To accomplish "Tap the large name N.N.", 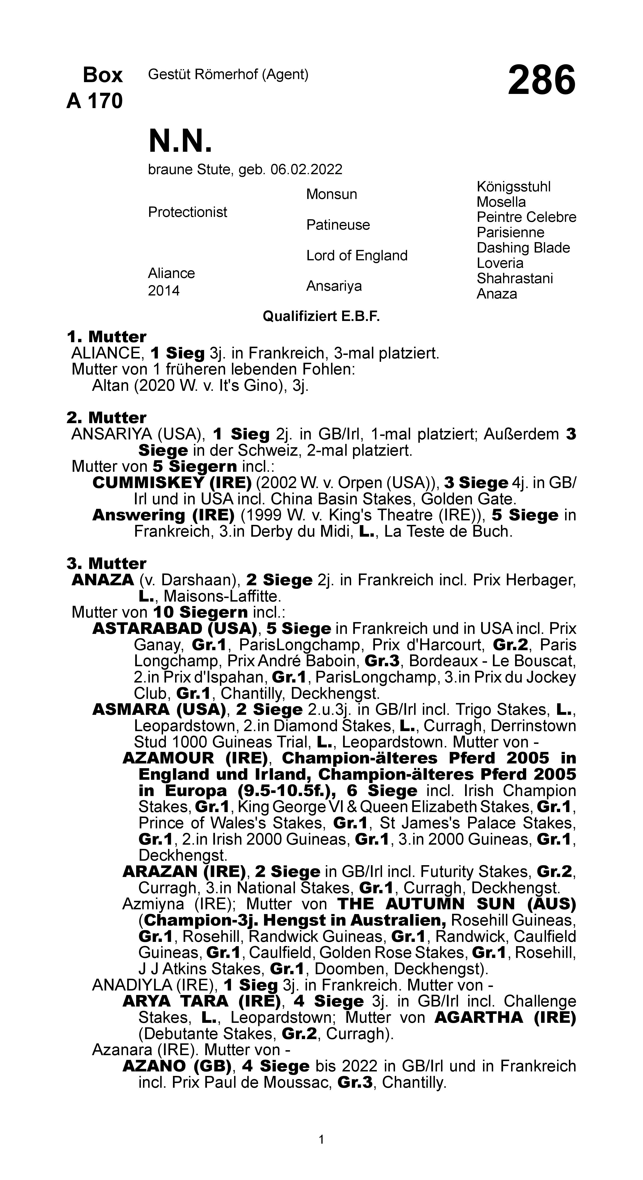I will [x=181, y=141].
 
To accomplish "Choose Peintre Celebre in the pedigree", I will [x=526, y=217].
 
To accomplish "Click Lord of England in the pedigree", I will [x=357, y=256].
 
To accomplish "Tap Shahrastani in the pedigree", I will [x=515, y=278].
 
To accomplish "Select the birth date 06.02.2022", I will [x=306, y=169].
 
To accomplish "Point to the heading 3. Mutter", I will [x=107, y=563].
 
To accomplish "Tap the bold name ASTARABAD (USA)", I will [x=174, y=628].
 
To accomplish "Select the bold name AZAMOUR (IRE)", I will [x=195, y=758].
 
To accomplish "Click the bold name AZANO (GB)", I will [x=177, y=1066].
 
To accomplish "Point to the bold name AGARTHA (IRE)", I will [x=505, y=1017].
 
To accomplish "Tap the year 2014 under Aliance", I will [x=164, y=291].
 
